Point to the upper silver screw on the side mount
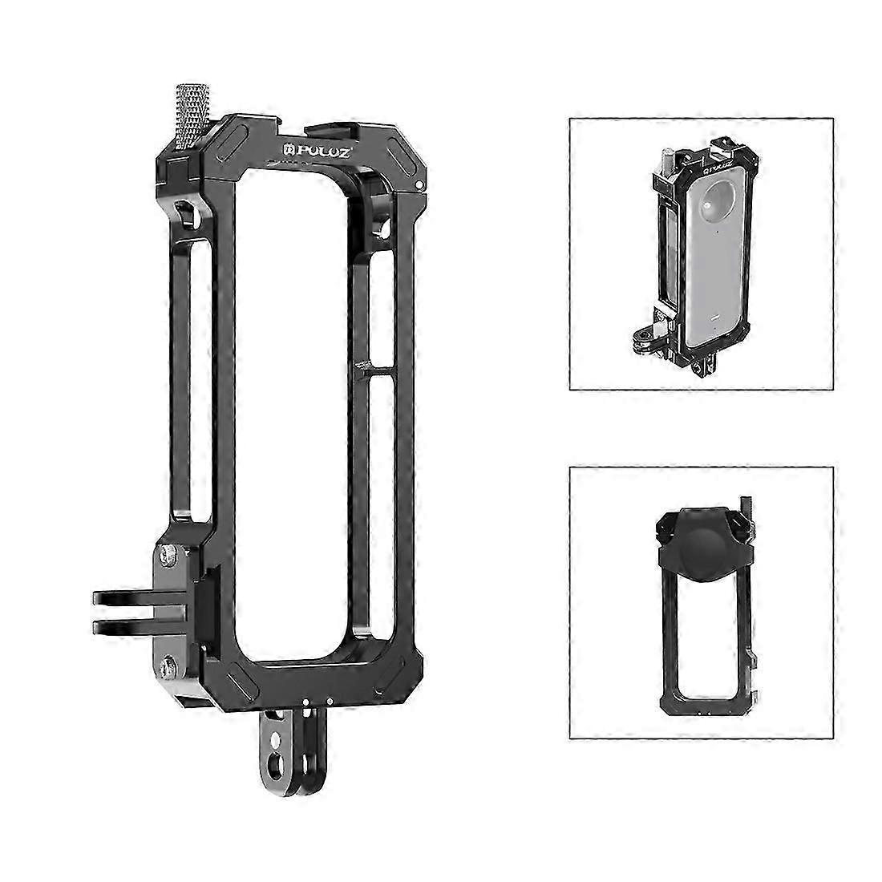click(x=168, y=553)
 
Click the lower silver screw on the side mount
click(x=168, y=665)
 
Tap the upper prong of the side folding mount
click(x=128, y=597)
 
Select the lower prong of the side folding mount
click(x=128, y=625)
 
